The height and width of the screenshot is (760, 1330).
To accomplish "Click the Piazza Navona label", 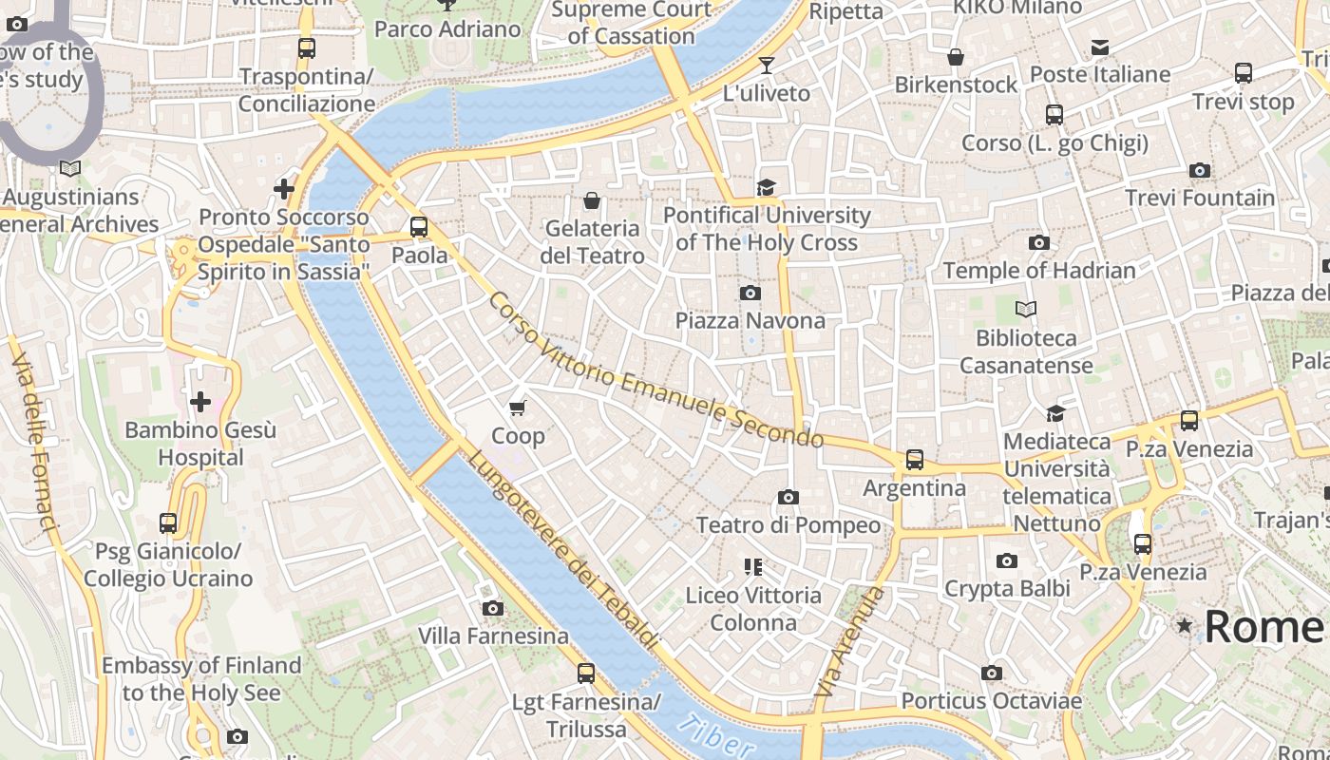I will tap(750, 320).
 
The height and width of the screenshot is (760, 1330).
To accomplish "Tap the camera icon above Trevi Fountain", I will tap(1200, 171).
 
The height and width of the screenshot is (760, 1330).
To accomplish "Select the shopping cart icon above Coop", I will tap(517, 408).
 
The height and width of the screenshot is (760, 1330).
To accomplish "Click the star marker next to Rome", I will tap(1185, 626).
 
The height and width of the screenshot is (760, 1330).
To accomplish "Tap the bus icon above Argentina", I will tap(914, 460).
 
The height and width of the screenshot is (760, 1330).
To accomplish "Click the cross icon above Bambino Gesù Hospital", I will tap(200, 402).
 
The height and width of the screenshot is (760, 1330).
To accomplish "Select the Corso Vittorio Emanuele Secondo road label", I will tap(655, 370).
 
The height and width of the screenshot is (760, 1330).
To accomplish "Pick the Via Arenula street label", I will tap(849, 643).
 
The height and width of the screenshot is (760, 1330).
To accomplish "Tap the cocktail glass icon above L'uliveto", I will tap(767, 66).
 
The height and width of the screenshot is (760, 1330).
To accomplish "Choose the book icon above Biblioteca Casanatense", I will tap(1026, 309).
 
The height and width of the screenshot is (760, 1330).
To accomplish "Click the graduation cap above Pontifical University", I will tap(766, 187).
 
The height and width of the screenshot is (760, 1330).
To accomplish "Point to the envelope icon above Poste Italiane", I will tap(1100, 47).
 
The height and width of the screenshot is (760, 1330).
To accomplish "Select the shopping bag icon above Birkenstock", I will tap(956, 57).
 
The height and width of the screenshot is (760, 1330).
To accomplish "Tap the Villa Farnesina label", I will tap(494, 636).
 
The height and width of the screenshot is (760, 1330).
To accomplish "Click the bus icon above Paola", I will tap(419, 227).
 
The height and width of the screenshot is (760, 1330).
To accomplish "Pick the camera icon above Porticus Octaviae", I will tap(992, 674).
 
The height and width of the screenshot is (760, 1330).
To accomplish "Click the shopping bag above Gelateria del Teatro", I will tap(592, 200).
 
